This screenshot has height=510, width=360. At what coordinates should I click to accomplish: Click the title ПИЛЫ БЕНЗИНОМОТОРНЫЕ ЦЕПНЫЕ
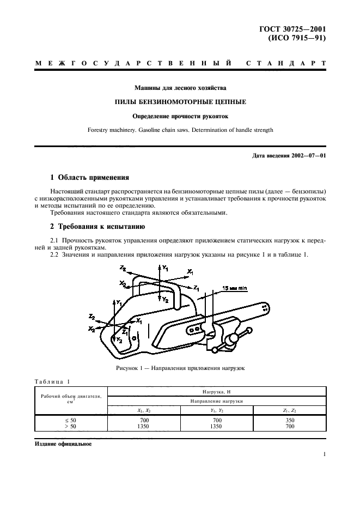180,101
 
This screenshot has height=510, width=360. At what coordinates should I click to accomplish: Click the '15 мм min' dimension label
235,288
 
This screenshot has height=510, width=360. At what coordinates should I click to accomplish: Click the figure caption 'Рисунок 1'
180,368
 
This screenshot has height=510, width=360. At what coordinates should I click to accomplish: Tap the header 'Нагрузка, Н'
216,391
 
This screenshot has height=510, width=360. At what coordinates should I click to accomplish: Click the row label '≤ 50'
71,420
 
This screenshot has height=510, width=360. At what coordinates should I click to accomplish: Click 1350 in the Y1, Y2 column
217,427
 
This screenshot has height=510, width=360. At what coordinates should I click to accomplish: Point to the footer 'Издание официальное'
63,444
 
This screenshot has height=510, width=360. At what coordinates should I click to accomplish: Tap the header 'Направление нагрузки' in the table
216,400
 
